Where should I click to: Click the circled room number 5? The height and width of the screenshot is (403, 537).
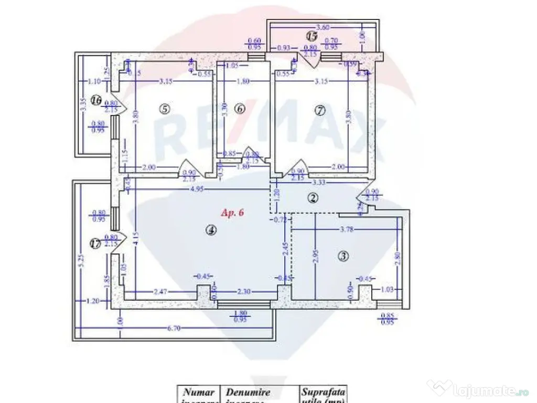coord(164,109)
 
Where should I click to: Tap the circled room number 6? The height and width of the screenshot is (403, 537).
coord(240,109)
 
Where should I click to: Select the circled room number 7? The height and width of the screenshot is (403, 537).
coord(320,110)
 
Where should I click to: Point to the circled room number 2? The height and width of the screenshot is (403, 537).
coord(313,198)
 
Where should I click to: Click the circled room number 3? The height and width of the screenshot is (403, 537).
coord(343,256)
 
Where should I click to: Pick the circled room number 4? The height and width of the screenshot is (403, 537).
coord(210,229)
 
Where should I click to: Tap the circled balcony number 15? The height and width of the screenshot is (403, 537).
coord(312,36)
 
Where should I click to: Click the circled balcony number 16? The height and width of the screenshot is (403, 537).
coord(95,100)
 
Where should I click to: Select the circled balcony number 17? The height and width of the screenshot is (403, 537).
coord(95,243)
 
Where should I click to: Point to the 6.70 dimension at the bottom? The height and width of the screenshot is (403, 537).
coord(174,328)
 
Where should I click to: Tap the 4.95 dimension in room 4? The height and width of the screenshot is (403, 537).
coord(197,189)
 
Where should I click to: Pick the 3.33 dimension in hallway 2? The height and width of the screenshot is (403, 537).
coord(316,182)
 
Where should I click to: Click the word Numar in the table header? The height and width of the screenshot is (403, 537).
coord(198,392)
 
